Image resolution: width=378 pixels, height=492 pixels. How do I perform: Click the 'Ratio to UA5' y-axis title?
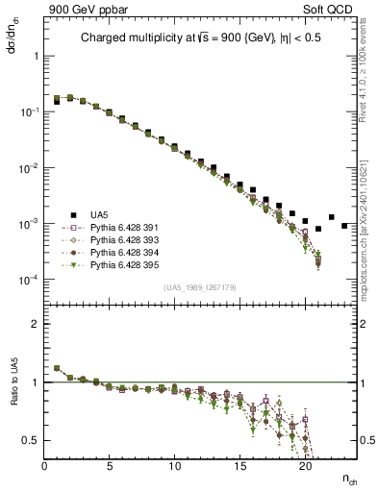pyautogui.click(x=13, y=396)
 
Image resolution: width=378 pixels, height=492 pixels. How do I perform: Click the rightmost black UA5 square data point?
pyautogui.click(x=344, y=226)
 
